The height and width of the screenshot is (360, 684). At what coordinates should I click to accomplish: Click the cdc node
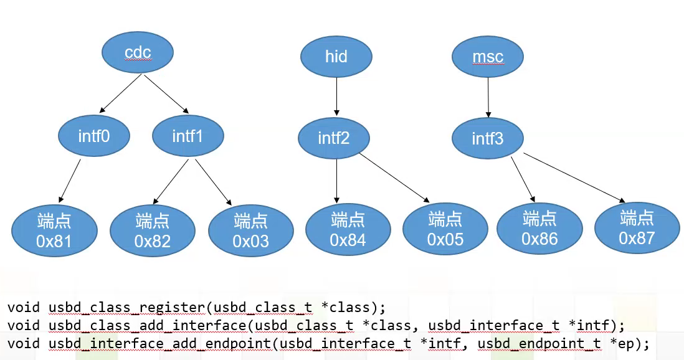tap(138, 53)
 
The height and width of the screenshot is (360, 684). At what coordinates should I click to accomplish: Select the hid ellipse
tap(336, 57)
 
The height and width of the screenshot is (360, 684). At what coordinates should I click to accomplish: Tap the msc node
tap(488, 57)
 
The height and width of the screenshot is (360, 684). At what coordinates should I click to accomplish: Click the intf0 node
tap(94, 135)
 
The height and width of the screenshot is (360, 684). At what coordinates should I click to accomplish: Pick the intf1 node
tap(188, 135)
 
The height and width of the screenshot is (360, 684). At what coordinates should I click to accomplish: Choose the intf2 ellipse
tap(334, 138)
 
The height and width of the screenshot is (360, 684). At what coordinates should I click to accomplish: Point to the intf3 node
tap(488, 138)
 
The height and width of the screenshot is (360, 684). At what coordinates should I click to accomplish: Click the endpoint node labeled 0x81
tap(54, 231)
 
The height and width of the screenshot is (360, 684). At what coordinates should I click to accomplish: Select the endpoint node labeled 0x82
tap(153, 231)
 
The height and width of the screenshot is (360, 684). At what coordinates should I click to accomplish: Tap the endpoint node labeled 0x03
tap(251, 230)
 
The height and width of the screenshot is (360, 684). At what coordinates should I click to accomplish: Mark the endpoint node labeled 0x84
tap(348, 229)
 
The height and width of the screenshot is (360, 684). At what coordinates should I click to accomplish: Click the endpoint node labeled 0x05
tap(445, 229)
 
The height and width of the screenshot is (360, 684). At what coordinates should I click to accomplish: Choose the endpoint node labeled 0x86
tap(539, 229)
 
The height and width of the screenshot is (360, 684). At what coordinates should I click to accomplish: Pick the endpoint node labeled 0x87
tap(637, 228)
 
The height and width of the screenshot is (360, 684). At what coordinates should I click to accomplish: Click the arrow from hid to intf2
tap(336, 97)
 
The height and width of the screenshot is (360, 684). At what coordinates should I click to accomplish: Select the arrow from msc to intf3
tap(488, 97)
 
